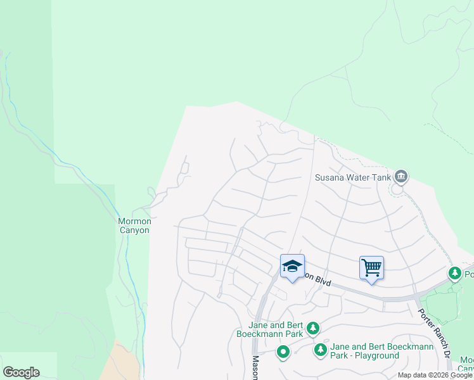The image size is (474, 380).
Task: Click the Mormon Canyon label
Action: tap(134, 225)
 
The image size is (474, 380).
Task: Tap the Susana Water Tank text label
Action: tap(353, 177)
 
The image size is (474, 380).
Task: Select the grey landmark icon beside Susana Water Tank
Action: tap(400, 176)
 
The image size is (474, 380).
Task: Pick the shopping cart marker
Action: tap(371, 267)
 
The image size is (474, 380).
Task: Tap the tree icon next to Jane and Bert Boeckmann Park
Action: tap(312, 328)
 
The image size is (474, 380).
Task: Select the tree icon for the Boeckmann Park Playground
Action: tap(321, 350)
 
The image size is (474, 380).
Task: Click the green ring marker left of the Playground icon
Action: tap(283, 351)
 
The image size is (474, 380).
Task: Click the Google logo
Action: tap(21, 372)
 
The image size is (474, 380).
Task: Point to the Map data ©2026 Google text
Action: tap(435, 375)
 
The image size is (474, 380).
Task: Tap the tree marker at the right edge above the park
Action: tap(454, 274)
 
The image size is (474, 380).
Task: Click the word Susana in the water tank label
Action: tap(330, 177)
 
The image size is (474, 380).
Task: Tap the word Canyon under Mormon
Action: tap(134, 230)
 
